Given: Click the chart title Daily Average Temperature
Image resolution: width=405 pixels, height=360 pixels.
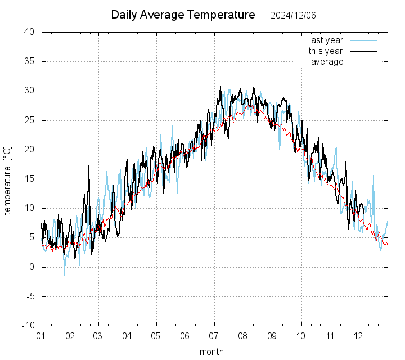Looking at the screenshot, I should click(x=183, y=15).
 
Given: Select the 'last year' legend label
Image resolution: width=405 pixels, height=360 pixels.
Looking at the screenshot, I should click(x=326, y=40).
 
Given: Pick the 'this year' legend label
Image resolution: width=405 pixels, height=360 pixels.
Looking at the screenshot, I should click(x=326, y=51).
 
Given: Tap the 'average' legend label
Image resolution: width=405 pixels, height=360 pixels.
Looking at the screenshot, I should click(x=327, y=62).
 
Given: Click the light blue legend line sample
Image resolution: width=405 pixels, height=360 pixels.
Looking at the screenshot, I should click(x=363, y=40).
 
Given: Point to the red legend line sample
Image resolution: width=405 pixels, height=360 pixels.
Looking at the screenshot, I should click(x=363, y=62).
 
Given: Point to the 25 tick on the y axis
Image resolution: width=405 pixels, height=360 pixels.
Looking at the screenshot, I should click(x=30, y=120).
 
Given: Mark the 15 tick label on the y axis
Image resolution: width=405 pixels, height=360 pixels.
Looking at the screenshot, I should click(x=30, y=179).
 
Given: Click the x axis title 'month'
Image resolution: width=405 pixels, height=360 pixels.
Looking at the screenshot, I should click(x=211, y=352).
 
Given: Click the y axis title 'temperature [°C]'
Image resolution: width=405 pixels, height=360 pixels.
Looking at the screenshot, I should click(x=8, y=179).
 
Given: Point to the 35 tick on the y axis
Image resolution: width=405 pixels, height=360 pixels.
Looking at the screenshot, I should click(x=30, y=61).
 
